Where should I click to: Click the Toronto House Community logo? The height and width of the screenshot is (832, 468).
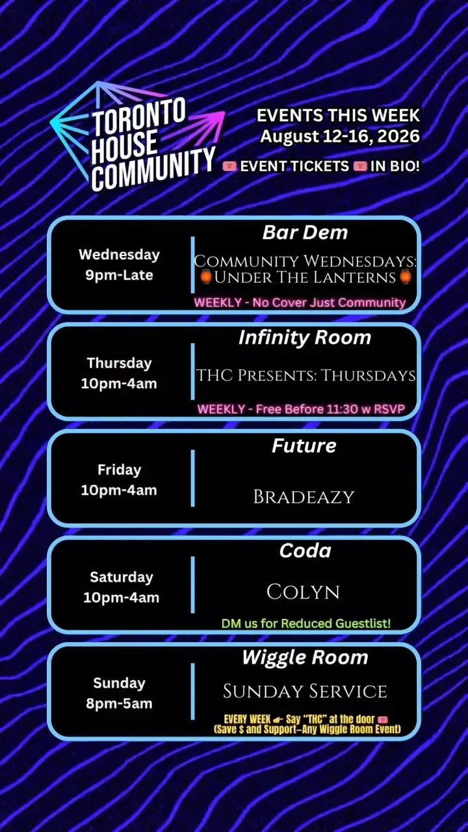tap(137, 136)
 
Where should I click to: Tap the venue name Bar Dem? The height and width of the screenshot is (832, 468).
tap(305, 233)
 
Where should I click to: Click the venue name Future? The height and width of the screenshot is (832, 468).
tap(304, 445)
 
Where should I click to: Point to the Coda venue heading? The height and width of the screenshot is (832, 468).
tap(305, 551)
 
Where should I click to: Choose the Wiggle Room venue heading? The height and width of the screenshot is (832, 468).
tap(305, 658)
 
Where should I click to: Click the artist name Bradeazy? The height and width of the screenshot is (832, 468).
tap(304, 497)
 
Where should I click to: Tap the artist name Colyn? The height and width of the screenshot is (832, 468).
tap(303, 591)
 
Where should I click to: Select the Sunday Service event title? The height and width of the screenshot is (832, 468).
tap(305, 691)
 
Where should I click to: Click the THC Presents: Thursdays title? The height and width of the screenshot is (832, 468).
tap(305, 375)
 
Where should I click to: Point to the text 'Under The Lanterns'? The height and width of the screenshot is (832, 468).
tap(305, 278)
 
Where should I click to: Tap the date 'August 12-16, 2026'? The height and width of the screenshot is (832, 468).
tap(340, 136)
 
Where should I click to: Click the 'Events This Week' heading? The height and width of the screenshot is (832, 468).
tap(338, 115)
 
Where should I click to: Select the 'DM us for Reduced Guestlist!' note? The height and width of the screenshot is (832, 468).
tap(306, 623)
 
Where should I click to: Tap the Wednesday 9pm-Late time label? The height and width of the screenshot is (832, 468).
tap(119, 265)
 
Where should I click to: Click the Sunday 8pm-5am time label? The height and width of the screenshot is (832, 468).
tap(119, 694)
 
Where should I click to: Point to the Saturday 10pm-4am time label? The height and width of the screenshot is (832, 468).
tap(121, 587)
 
